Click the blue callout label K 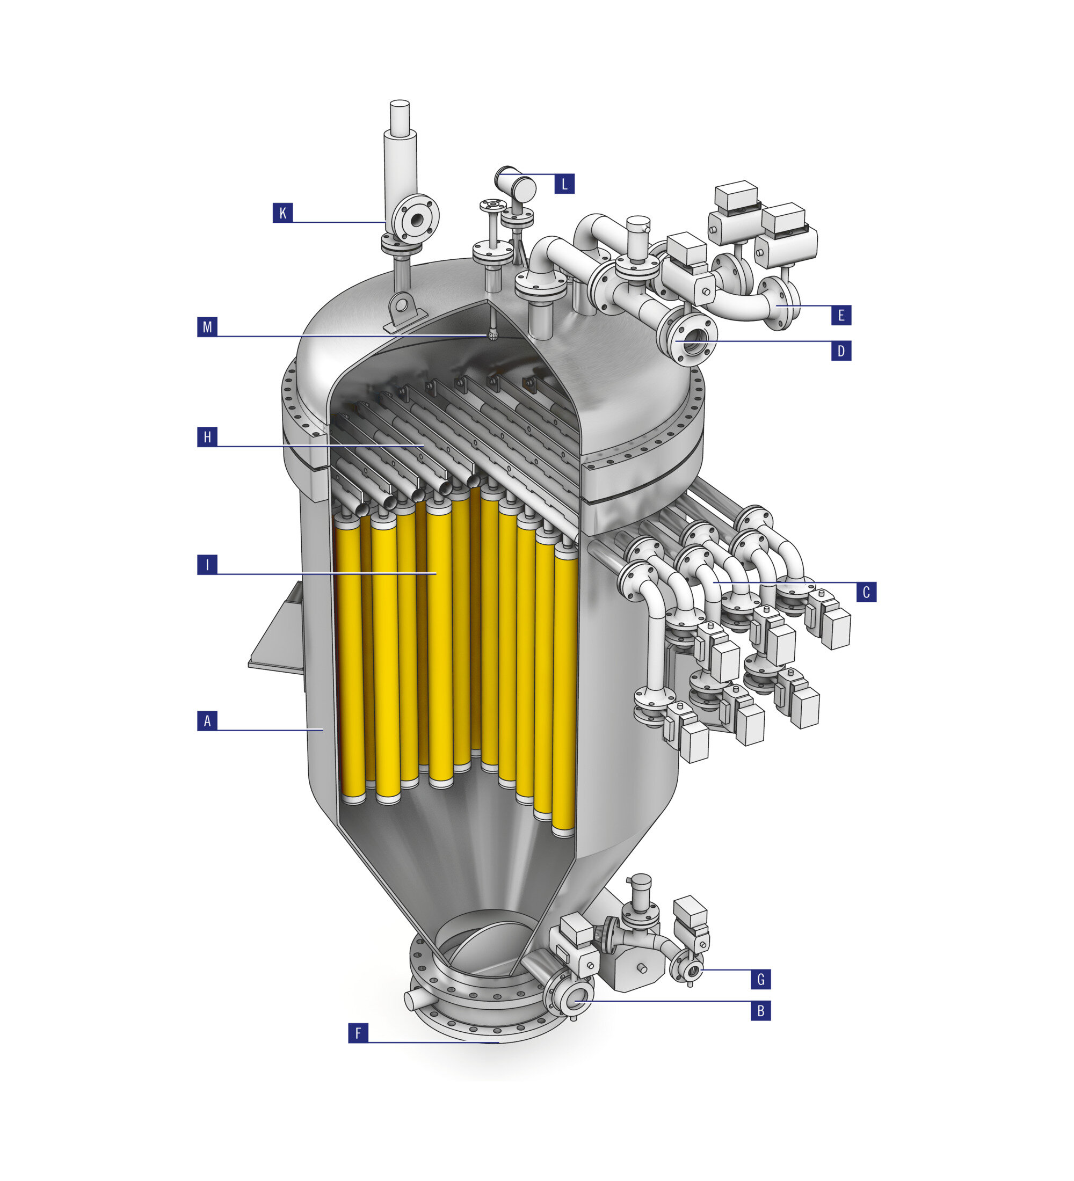click(282, 213)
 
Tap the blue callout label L click(564, 184)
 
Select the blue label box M click(207, 326)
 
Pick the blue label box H click(207, 437)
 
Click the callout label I click(207, 565)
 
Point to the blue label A click(207, 720)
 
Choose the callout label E click(841, 315)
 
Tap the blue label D click(841, 351)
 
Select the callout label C click(866, 592)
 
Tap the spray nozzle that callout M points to click(493, 336)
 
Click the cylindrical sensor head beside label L click(516, 187)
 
